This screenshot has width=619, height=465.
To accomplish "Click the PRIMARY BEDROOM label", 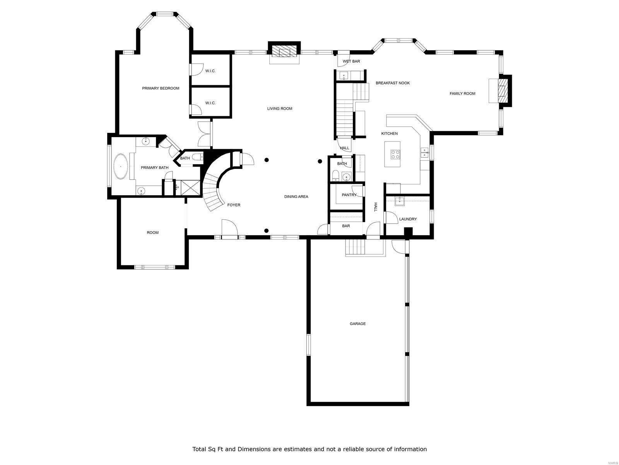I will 161,88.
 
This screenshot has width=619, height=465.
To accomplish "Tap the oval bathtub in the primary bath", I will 121,167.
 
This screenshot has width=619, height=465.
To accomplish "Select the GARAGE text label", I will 357,324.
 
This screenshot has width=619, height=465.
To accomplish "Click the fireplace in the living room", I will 284,52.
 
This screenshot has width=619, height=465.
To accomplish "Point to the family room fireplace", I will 503,90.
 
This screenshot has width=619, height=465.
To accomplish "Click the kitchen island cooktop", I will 395,154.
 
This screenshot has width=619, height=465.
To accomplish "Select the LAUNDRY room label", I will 408,219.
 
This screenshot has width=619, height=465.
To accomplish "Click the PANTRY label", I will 349,195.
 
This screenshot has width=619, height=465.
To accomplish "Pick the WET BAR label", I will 351,61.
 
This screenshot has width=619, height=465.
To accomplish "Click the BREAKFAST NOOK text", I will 392,83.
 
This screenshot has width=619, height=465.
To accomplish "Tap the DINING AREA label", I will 296,196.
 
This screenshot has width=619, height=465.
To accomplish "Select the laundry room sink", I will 399,200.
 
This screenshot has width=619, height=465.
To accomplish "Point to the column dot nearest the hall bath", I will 320,161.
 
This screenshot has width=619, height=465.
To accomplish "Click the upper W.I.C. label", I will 210,71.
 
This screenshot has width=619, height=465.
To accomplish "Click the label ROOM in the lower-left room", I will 152,232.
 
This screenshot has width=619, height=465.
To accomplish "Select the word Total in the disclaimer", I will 200,449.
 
